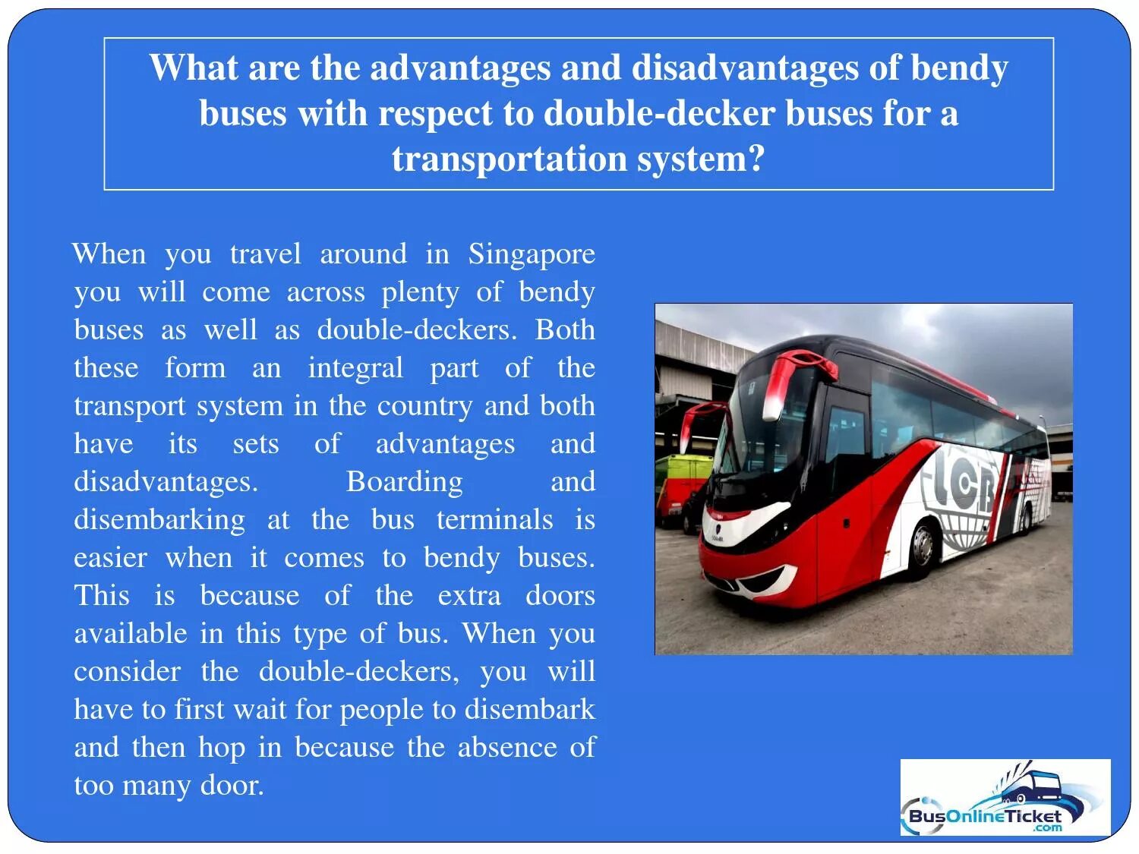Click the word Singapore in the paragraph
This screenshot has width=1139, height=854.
pyautogui.click(x=531, y=254)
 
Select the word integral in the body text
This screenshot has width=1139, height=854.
pyautogui.click(x=355, y=368)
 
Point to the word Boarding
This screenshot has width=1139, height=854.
pyautogui.click(x=404, y=482)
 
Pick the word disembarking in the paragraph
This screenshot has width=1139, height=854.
pyautogui.click(x=159, y=520)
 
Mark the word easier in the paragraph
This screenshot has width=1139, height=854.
pyautogui.click(x=110, y=558)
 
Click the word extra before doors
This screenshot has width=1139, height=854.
pyautogui.click(x=469, y=596)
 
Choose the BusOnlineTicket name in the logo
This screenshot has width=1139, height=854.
pyautogui.click(x=984, y=817)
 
